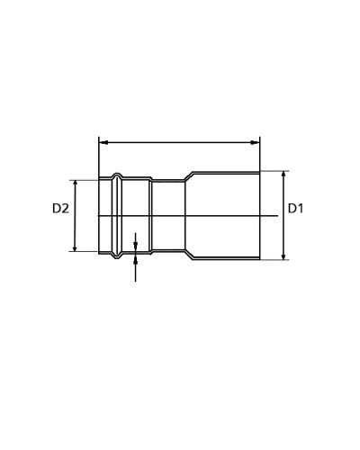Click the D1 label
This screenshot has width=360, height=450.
296,209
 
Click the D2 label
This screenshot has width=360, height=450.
60,209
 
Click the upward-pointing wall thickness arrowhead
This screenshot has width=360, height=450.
135,261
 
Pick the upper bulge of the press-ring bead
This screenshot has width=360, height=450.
116,175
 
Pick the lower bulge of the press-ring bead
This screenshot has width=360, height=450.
116,256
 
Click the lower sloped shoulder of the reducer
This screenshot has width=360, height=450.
189,255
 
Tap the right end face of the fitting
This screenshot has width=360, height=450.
260,216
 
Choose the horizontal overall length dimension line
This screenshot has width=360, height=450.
180,142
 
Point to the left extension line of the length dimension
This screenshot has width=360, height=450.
99,157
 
